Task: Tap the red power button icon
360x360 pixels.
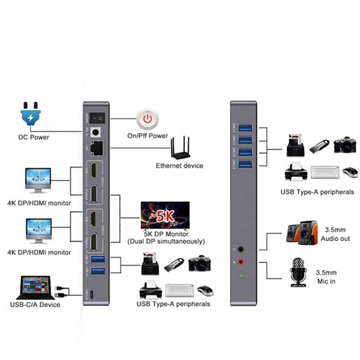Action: tap(147, 119)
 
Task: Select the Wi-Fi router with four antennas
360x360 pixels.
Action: tap(180, 149)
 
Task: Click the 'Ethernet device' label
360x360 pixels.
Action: tap(180, 166)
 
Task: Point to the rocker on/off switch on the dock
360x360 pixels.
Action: tap(96, 119)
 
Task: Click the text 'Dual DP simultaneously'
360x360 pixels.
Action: tap(173, 242)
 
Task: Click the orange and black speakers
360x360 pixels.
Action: tap(302, 232)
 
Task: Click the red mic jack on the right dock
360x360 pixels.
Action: tap(242, 261)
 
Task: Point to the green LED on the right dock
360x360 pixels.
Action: tap(242, 274)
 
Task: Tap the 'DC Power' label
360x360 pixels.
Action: tap(34, 137)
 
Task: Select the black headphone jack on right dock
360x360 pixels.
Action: tap(242, 248)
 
